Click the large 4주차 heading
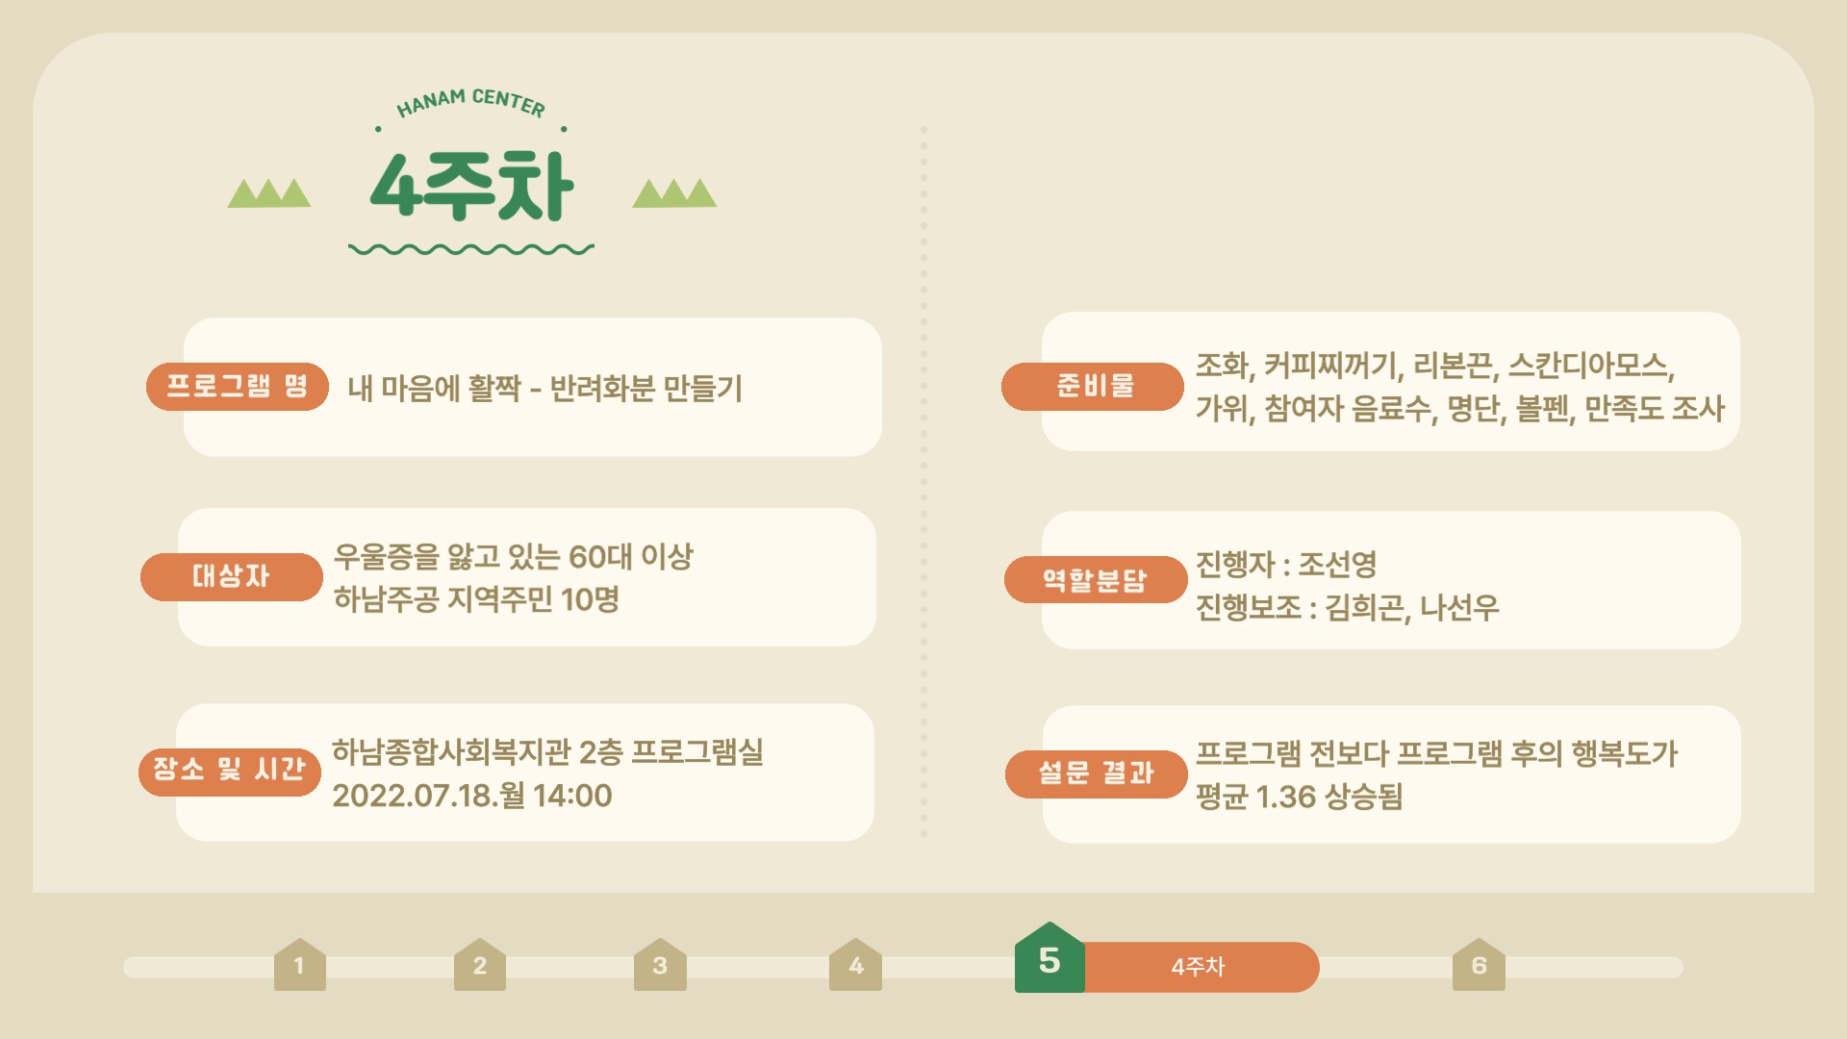471,186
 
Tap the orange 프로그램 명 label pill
238,387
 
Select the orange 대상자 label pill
232,577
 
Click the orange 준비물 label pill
1093,387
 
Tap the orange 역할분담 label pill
1096,580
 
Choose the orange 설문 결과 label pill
1097,774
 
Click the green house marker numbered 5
1050,957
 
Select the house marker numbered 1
300,965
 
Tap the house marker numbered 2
480,965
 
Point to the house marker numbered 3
660,965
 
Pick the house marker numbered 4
855,965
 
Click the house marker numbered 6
1479,965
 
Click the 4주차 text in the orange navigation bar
1198,967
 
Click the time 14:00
572,796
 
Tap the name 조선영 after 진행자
1337,564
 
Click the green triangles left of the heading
269,193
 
